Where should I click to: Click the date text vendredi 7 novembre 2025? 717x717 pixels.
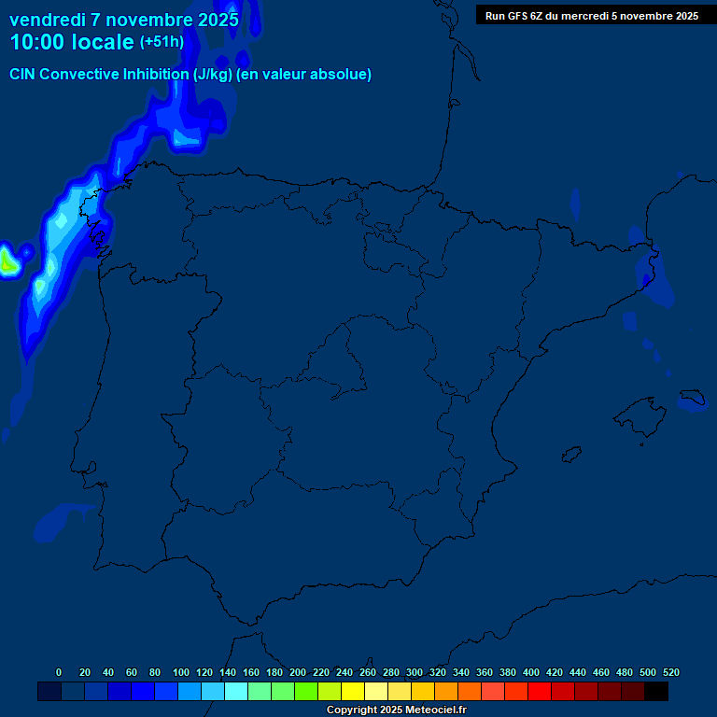pos(123,20)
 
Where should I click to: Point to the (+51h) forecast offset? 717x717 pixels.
pos(162,42)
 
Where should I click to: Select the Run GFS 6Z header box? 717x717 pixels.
pos(591,15)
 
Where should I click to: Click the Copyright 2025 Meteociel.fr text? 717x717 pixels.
pos(396,710)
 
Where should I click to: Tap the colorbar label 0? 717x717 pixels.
pos(59,672)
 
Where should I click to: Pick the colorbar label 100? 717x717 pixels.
pos(181,672)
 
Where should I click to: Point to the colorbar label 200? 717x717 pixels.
pos(298,672)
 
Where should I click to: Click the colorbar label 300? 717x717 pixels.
pos(415,672)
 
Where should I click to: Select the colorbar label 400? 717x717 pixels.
pos(531,672)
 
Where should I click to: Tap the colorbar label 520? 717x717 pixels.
pos(671,672)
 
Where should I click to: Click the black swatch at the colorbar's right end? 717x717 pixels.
pos(656,692)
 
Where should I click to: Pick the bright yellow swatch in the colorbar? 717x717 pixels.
pos(353,692)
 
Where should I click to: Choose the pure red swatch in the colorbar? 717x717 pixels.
pos(540,692)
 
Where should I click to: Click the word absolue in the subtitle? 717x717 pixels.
pos(343,75)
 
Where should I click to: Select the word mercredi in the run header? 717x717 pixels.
pos(602,16)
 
